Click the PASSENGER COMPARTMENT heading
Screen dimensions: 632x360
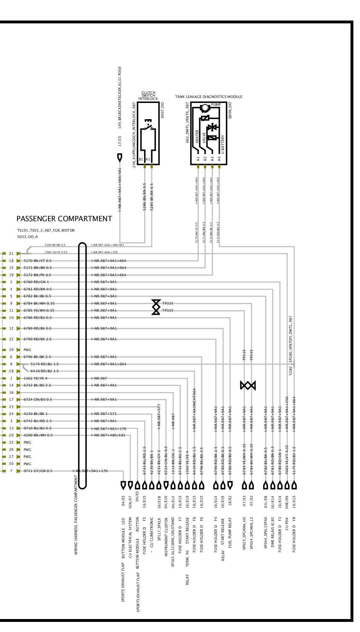click(64, 219)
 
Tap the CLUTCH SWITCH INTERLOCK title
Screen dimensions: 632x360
click(148, 96)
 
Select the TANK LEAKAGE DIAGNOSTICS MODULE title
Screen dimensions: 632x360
click(209, 97)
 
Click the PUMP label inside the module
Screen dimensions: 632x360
click(216, 105)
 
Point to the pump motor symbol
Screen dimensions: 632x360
click(205, 108)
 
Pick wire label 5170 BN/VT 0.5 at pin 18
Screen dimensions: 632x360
click(37, 261)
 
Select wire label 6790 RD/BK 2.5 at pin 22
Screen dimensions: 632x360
click(37, 339)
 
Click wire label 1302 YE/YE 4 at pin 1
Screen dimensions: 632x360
click(35, 378)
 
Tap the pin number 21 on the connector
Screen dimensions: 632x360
click(11, 253)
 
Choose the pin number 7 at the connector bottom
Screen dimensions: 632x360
click(11, 471)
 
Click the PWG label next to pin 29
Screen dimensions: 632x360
click(27, 350)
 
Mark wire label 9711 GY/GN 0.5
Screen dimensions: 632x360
click(38, 471)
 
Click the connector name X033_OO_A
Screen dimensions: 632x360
click(27, 237)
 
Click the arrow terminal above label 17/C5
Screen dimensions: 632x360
click(120, 157)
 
